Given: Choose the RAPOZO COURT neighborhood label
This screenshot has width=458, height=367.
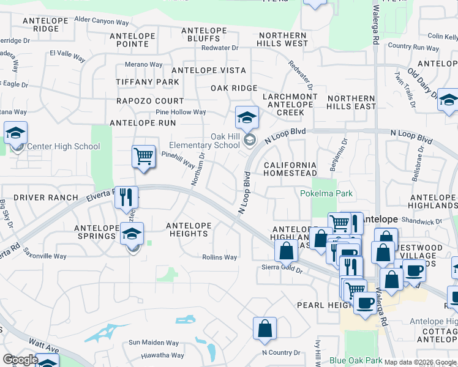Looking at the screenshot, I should click(150, 101).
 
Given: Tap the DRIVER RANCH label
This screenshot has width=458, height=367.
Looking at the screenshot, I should click(46, 198).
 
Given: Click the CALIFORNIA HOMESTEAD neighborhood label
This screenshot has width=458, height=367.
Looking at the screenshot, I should click(290, 169).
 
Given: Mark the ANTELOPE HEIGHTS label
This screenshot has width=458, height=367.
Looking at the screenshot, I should click(189, 229).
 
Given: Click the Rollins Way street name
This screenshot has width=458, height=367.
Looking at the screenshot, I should click(219, 258).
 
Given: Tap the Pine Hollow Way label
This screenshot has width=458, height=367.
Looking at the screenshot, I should click(181, 112).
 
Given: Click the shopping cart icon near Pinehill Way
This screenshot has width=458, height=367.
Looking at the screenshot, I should click(143, 157).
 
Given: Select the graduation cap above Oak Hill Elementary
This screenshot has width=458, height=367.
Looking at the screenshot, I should click(247, 117).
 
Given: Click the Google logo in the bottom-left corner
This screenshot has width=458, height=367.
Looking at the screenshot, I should click(20, 360).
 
